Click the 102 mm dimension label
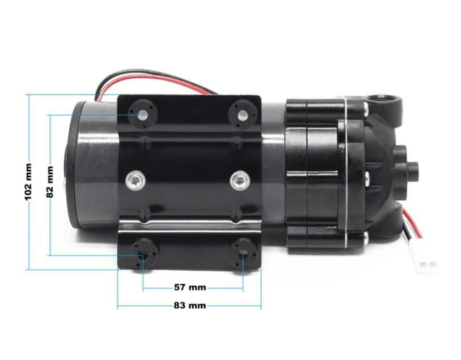click(x=28, y=182)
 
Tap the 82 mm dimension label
click(x=50, y=182)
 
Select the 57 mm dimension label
click(x=190, y=287)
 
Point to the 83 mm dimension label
click(x=189, y=305)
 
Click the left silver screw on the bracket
click(x=135, y=180)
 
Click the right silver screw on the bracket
click(x=240, y=181)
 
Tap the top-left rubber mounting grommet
click(x=143, y=114)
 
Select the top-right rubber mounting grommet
click(x=243, y=114)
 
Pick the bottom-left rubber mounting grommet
click(x=143, y=254)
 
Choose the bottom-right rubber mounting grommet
click(x=243, y=254)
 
